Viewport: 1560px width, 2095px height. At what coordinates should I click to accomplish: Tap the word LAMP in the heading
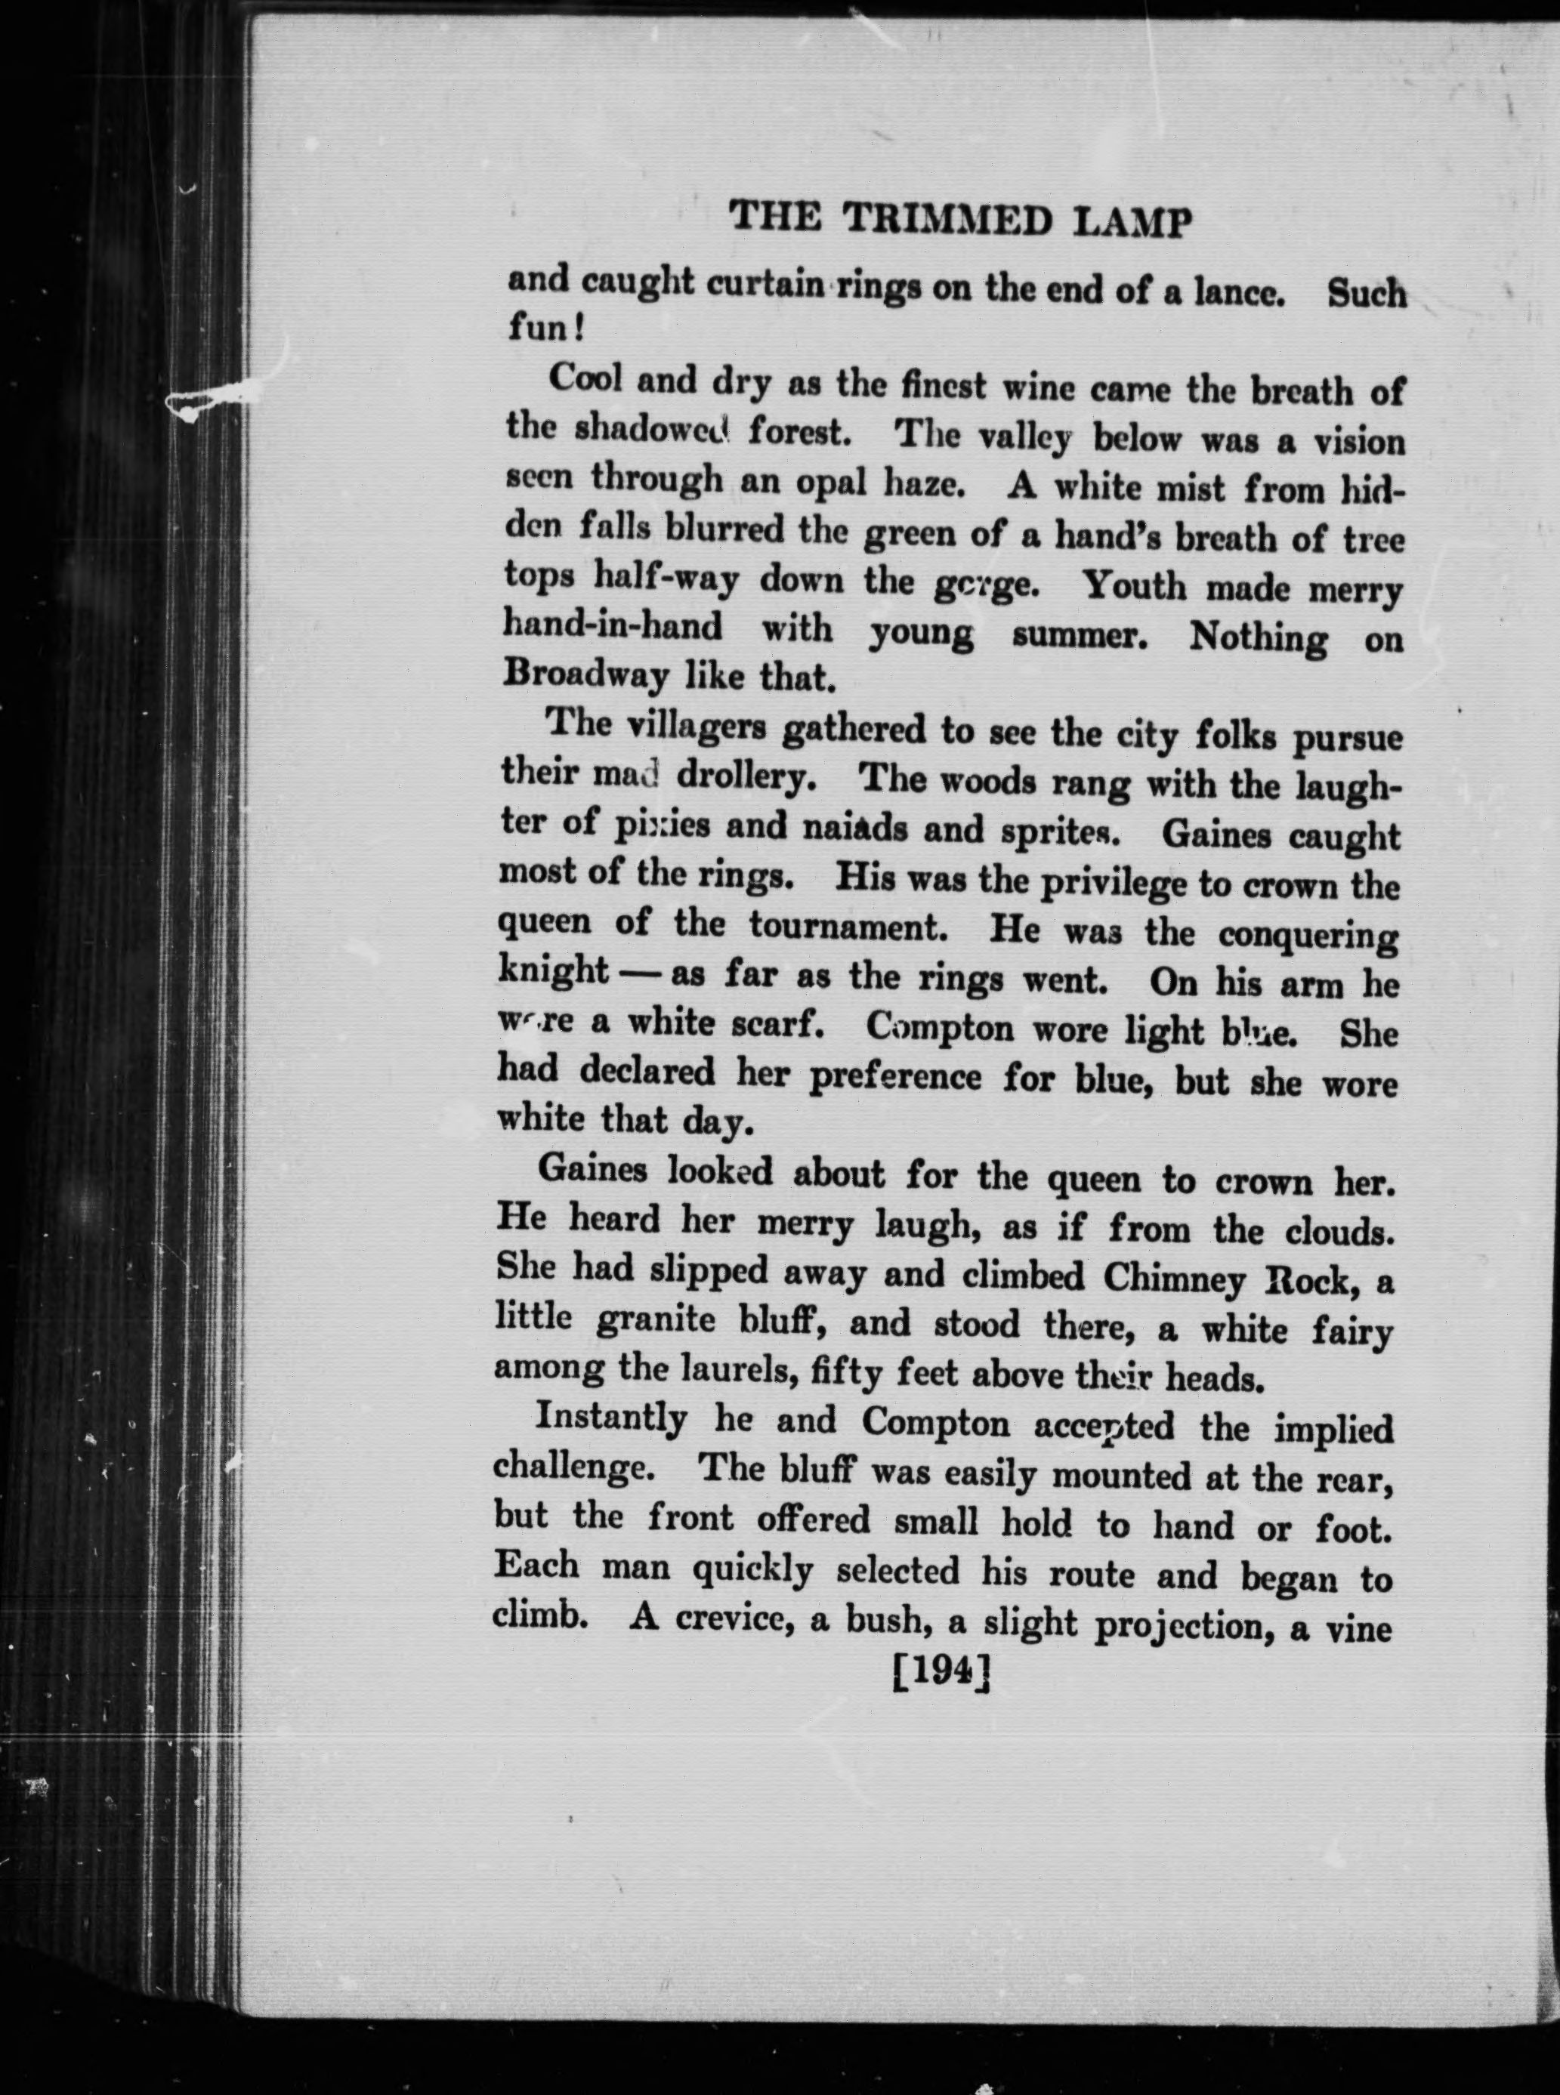click(x=1137, y=224)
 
